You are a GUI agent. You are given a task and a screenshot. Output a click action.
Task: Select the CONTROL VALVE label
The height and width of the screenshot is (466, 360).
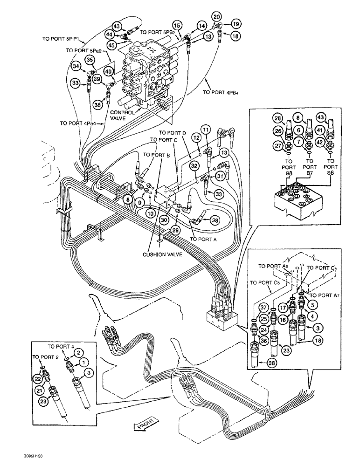coord(122,115)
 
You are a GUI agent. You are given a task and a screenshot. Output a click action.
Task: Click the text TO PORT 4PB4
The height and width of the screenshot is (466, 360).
coord(222,92)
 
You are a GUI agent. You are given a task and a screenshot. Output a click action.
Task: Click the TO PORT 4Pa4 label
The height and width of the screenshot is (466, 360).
coord(76,123)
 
